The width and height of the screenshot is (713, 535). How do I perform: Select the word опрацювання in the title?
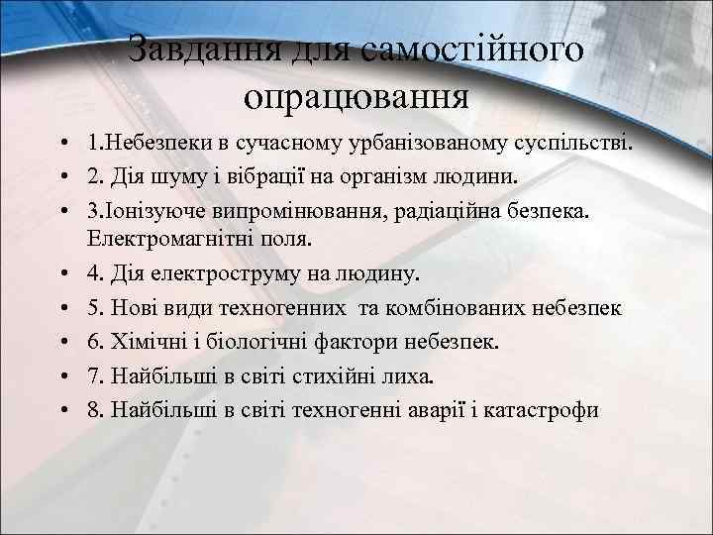pyautogui.click(x=355, y=97)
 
